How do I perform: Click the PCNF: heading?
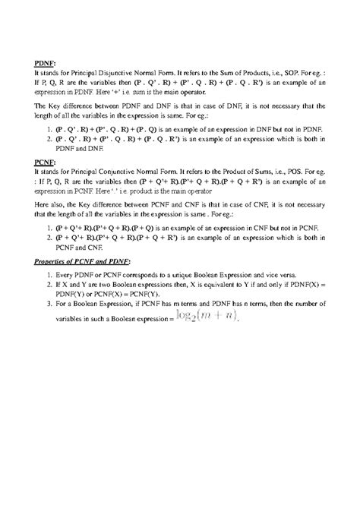pyautogui.click(x=47, y=162)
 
